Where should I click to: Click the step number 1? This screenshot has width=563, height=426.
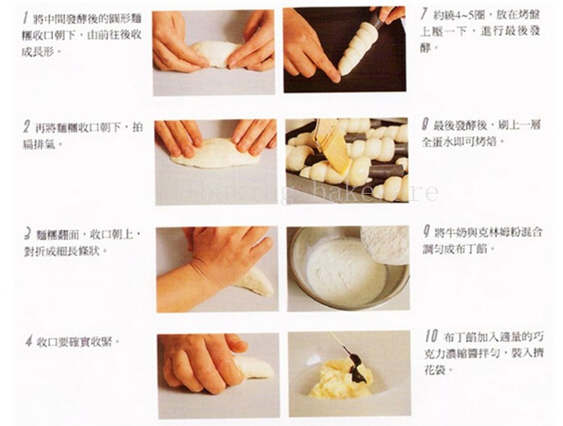pos(26,18)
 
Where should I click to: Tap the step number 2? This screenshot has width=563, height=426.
pos(27,127)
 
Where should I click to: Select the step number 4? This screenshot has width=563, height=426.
pos(29,341)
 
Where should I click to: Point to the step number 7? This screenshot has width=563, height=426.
pos(424,14)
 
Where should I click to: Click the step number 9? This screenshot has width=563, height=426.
pos(426,231)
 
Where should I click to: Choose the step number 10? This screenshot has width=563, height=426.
pos(431,336)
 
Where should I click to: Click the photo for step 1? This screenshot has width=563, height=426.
pos(214,53)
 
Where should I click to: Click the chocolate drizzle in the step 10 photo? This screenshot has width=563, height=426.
pos(355,363)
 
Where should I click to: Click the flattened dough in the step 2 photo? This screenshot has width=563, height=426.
pos(215,154)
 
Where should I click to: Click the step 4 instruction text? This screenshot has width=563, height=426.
pos(78,342)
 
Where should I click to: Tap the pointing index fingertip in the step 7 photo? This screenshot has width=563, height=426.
pos(335,77)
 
